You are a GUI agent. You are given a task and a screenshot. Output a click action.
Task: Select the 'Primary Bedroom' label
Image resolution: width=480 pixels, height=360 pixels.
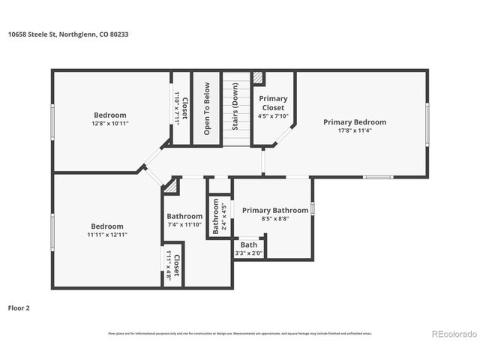[x=355, y=121]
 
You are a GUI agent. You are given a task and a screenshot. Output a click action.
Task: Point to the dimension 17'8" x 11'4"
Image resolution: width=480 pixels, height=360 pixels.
[x=355, y=130]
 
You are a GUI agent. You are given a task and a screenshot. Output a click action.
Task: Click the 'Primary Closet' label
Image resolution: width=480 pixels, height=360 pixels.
[x=273, y=103]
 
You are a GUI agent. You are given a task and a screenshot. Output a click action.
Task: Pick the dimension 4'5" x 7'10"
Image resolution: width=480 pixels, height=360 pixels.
[x=273, y=116]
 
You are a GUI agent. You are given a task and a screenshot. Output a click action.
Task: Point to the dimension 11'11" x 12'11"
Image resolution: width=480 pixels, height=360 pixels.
[x=107, y=235]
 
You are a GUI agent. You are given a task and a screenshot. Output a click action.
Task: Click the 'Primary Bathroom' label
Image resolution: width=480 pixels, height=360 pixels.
[x=274, y=211]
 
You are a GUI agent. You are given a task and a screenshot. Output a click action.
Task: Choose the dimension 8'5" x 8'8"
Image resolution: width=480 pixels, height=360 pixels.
[x=274, y=220]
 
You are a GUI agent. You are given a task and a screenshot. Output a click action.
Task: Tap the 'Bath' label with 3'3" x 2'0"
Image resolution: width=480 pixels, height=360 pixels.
[x=249, y=244]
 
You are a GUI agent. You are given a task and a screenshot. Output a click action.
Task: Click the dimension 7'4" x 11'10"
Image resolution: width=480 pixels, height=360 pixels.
[x=184, y=225]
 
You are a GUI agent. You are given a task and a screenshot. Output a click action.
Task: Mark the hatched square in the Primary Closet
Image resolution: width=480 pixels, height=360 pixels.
[x=259, y=77]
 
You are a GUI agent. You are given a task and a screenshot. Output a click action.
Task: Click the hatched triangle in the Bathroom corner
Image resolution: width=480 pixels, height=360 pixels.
[x=172, y=184]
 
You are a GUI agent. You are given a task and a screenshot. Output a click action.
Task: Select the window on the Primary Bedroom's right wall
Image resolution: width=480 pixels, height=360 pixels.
[x=427, y=124]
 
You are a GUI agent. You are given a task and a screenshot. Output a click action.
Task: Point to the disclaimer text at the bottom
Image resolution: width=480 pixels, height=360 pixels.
[x=240, y=333]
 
